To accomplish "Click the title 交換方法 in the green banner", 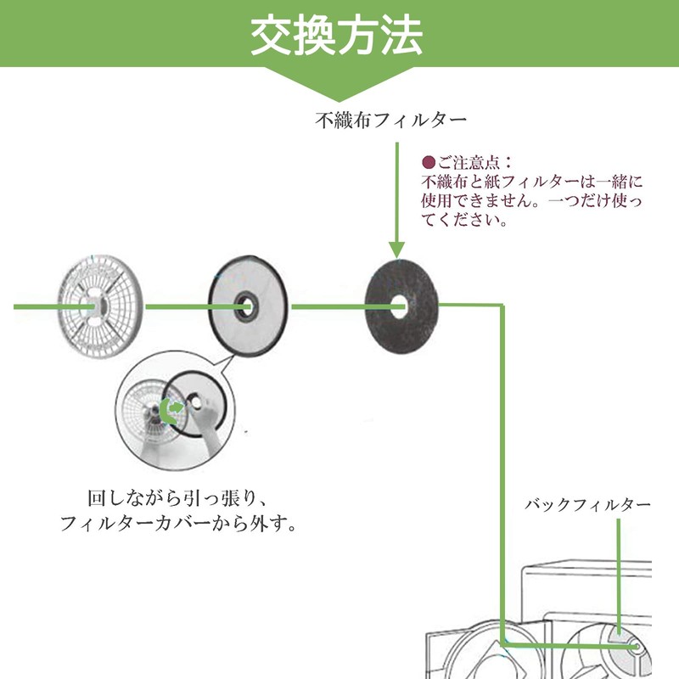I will click(x=338, y=36).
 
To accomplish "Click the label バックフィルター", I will click(x=587, y=505).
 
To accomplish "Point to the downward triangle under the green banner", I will click(x=338, y=86).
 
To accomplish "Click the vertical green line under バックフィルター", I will click(x=620, y=577).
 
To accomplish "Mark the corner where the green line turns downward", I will click(x=502, y=306).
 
